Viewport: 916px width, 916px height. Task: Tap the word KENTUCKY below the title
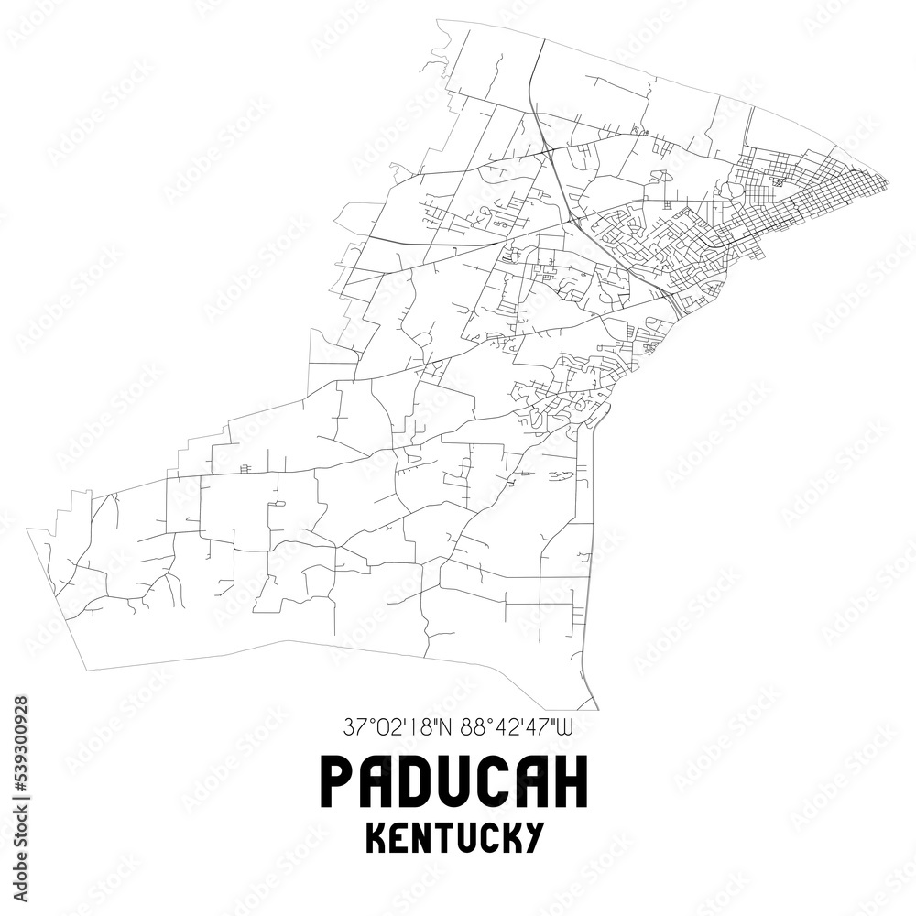[x=455, y=837]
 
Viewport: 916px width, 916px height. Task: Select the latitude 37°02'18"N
[x=400, y=729]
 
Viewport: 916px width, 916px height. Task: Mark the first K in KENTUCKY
[x=376, y=837]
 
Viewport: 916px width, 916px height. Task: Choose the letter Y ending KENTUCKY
[x=536, y=837]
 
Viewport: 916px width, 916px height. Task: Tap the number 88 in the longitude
[x=472, y=729]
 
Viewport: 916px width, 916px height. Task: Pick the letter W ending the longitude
[x=567, y=729]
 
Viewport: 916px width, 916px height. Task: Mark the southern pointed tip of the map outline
[x=597, y=709]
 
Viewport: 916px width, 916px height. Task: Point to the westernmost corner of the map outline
[x=27, y=529]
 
